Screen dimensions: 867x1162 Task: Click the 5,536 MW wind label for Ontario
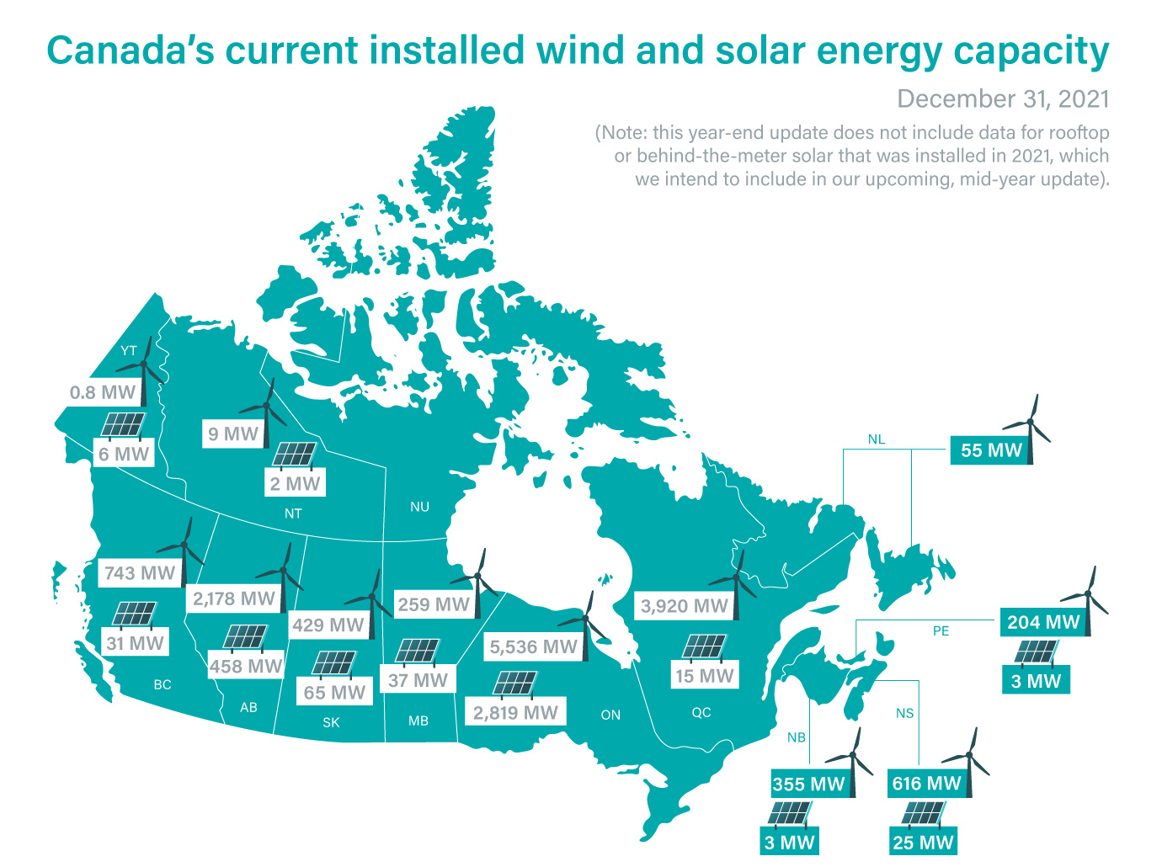click(x=534, y=647)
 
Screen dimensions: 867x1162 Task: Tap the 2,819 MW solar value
click(x=515, y=713)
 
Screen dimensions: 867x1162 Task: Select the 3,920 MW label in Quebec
click(x=684, y=606)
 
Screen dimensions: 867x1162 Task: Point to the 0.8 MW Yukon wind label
click(x=102, y=392)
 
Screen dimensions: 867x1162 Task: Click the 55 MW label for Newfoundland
click(x=991, y=450)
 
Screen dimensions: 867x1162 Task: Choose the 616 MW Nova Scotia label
click(x=926, y=784)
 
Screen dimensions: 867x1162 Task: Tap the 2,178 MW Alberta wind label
click(x=234, y=598)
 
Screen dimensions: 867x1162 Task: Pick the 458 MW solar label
click(x=246, y=666)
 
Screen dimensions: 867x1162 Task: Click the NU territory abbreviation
click(x=419, y=507)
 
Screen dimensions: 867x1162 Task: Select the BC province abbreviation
click(x=163, y=685)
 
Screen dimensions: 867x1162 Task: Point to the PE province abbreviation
click(x=941, y=631)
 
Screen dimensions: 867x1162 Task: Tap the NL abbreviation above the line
click(x=877, y=439)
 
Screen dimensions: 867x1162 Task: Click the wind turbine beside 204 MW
click(x=1090, y=598)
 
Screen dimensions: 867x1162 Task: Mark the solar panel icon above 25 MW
click(x=923, y=814)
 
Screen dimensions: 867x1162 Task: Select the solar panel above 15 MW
click(x=704, y=647)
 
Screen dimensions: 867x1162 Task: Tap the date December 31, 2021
click(x=1003, y=98)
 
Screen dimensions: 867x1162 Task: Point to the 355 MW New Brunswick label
click(x=808, y=784)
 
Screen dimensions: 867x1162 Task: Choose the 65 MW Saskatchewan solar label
click(x=334, y=692)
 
